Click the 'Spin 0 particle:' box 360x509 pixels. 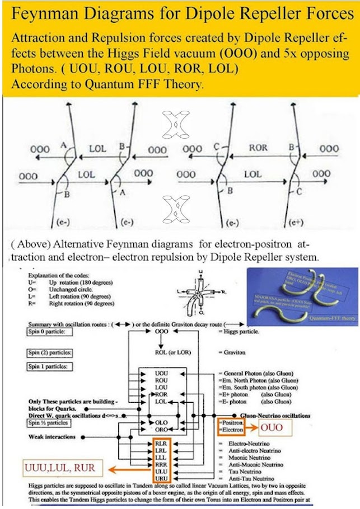tap(50, 332)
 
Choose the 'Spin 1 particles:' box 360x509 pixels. tap(50, 367)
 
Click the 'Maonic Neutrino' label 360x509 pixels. tap(245, 457)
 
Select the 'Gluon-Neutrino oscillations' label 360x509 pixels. tap(275, 416)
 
